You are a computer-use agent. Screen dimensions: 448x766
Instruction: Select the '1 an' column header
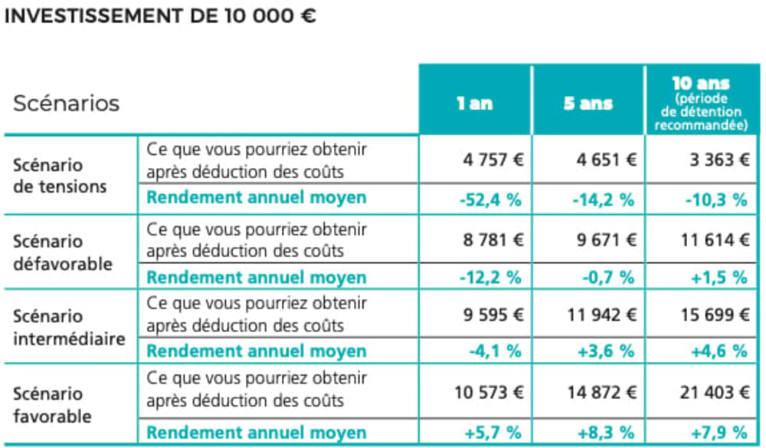[474, 103]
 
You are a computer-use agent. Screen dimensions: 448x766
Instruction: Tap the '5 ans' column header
[588, 103]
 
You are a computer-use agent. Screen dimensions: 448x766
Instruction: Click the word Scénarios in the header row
[67, 103]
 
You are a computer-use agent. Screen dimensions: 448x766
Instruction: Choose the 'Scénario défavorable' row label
[63, 252]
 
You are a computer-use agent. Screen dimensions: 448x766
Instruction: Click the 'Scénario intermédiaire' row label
[69, 327]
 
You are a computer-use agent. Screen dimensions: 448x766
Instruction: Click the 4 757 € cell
[493, 160]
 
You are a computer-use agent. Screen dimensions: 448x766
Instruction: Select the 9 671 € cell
[606, 239]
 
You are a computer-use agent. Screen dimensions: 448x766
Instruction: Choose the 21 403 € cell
[712, 393]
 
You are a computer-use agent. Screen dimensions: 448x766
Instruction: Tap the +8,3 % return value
[604, 431]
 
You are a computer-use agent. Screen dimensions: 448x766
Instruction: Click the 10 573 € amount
[487, 393]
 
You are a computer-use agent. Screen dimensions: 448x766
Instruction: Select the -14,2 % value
[603, 199]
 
